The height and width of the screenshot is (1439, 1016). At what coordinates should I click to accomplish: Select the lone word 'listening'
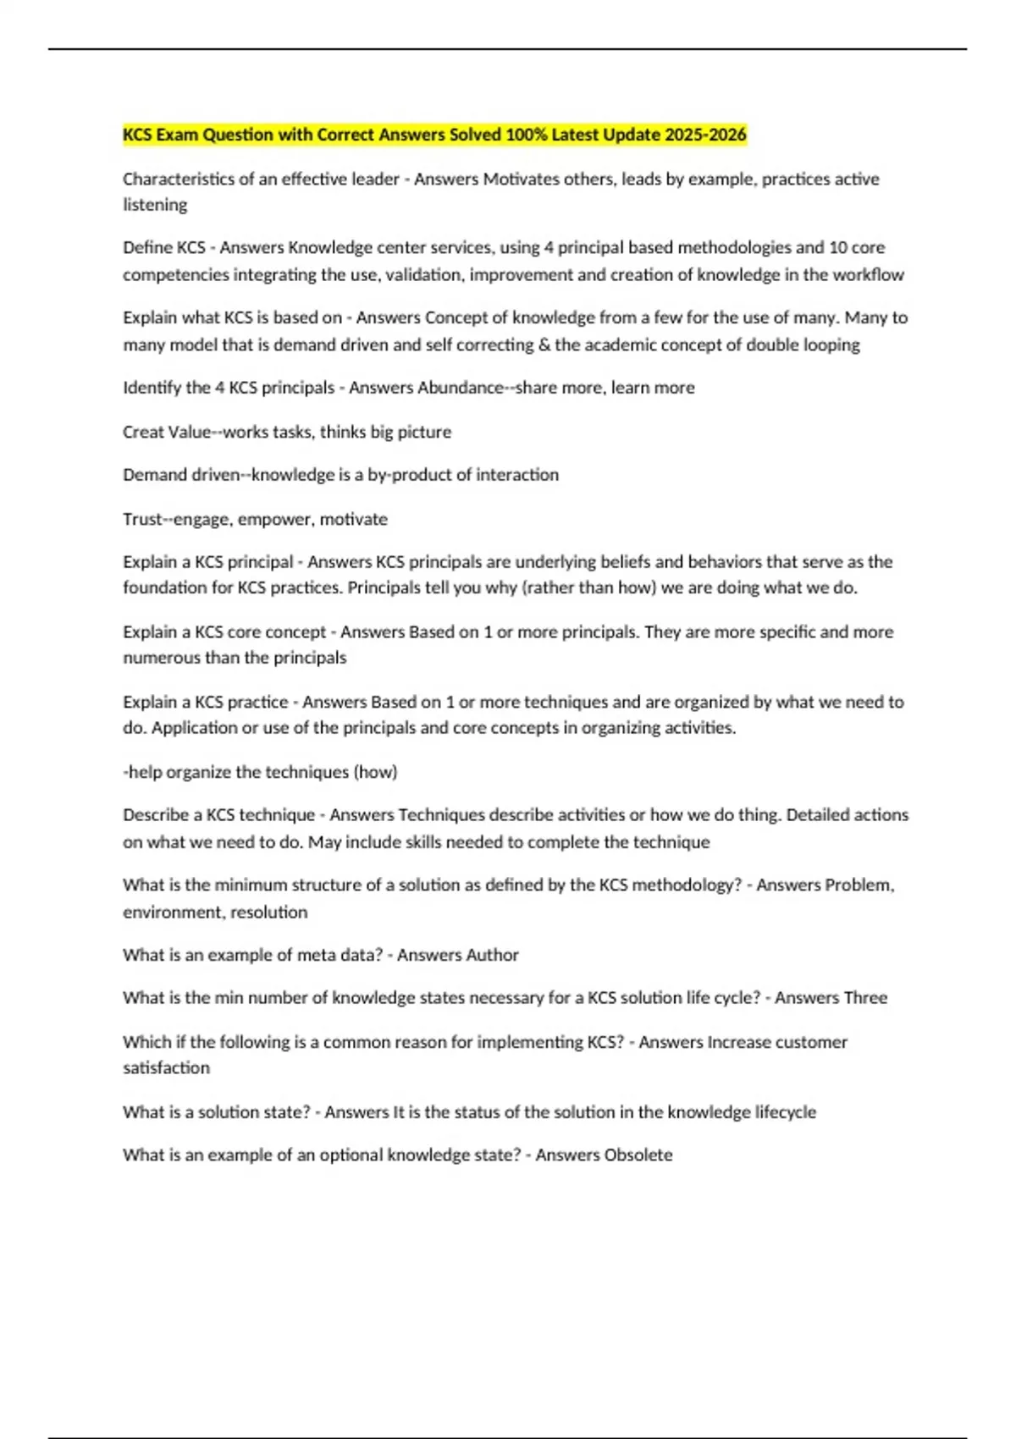155,205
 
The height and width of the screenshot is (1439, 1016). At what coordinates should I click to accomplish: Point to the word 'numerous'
158,658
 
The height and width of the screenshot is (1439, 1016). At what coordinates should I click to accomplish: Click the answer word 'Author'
494,955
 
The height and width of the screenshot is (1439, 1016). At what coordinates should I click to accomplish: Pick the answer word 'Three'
865,998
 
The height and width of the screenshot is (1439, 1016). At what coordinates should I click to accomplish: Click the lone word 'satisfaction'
166,1068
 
